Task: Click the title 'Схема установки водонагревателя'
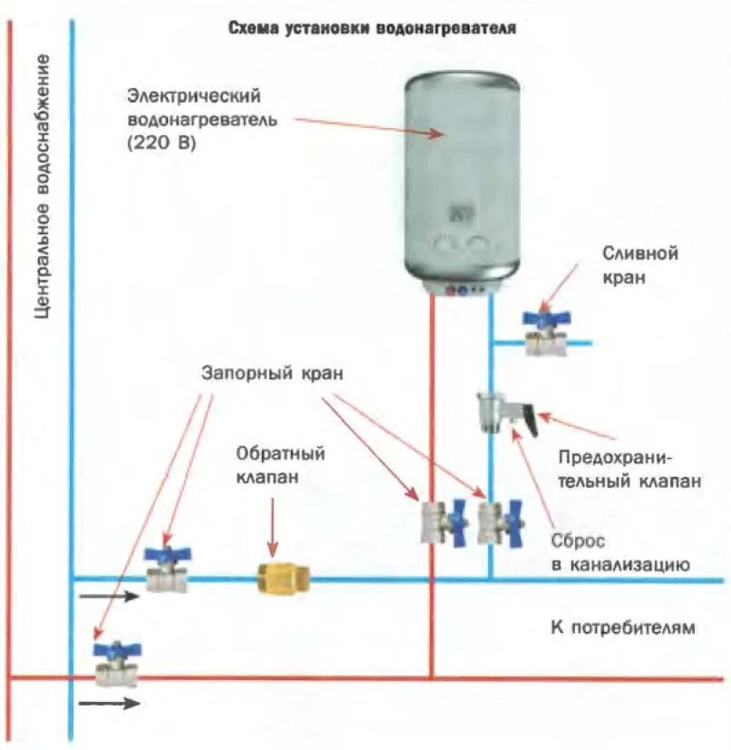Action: click(x=372, y=28)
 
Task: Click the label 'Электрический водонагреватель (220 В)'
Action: click(x=194, y=119)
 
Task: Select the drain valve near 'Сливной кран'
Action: click(x=545, y=333)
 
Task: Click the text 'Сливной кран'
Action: click(x=627, y=265)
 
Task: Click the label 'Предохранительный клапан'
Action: click(x=629, y=469)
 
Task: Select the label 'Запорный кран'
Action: click(x=272, y=373)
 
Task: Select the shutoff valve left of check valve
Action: click(x=168, y=569)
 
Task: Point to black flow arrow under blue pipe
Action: click(x=109, y=597)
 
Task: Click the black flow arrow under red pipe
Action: click(x=109, y=703)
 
